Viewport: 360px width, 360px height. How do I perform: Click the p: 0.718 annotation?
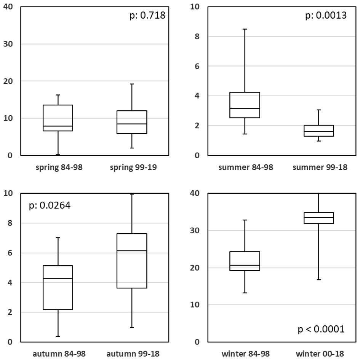click(147, 16)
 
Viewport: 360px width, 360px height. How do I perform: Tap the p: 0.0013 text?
click(326, 16)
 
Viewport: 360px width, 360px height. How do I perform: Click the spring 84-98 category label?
click(58, 167)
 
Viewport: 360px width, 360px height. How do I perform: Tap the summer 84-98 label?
click(246, 167)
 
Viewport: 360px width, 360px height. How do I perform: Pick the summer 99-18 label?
click(320, 167)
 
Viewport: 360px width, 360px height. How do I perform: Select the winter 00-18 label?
click(320, 354)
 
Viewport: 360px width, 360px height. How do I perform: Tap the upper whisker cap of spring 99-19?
click(132, 84)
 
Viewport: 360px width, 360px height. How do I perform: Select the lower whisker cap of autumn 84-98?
click(58, 336)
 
